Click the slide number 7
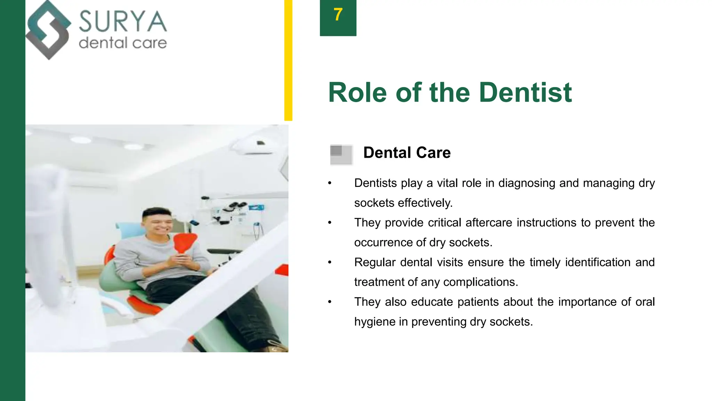[x=338, y=15]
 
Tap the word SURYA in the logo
[x=123, y=22]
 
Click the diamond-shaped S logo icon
[x=48, y=30]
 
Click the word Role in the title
[x=357, y=93]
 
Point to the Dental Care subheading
[x=407, y=152]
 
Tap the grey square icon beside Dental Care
[x=341, y=155]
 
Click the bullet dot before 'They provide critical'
[x=330, y=223]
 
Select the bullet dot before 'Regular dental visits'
[x=330, y=262]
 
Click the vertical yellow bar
[x=288, y=60]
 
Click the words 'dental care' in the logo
[x=123, y=43]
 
